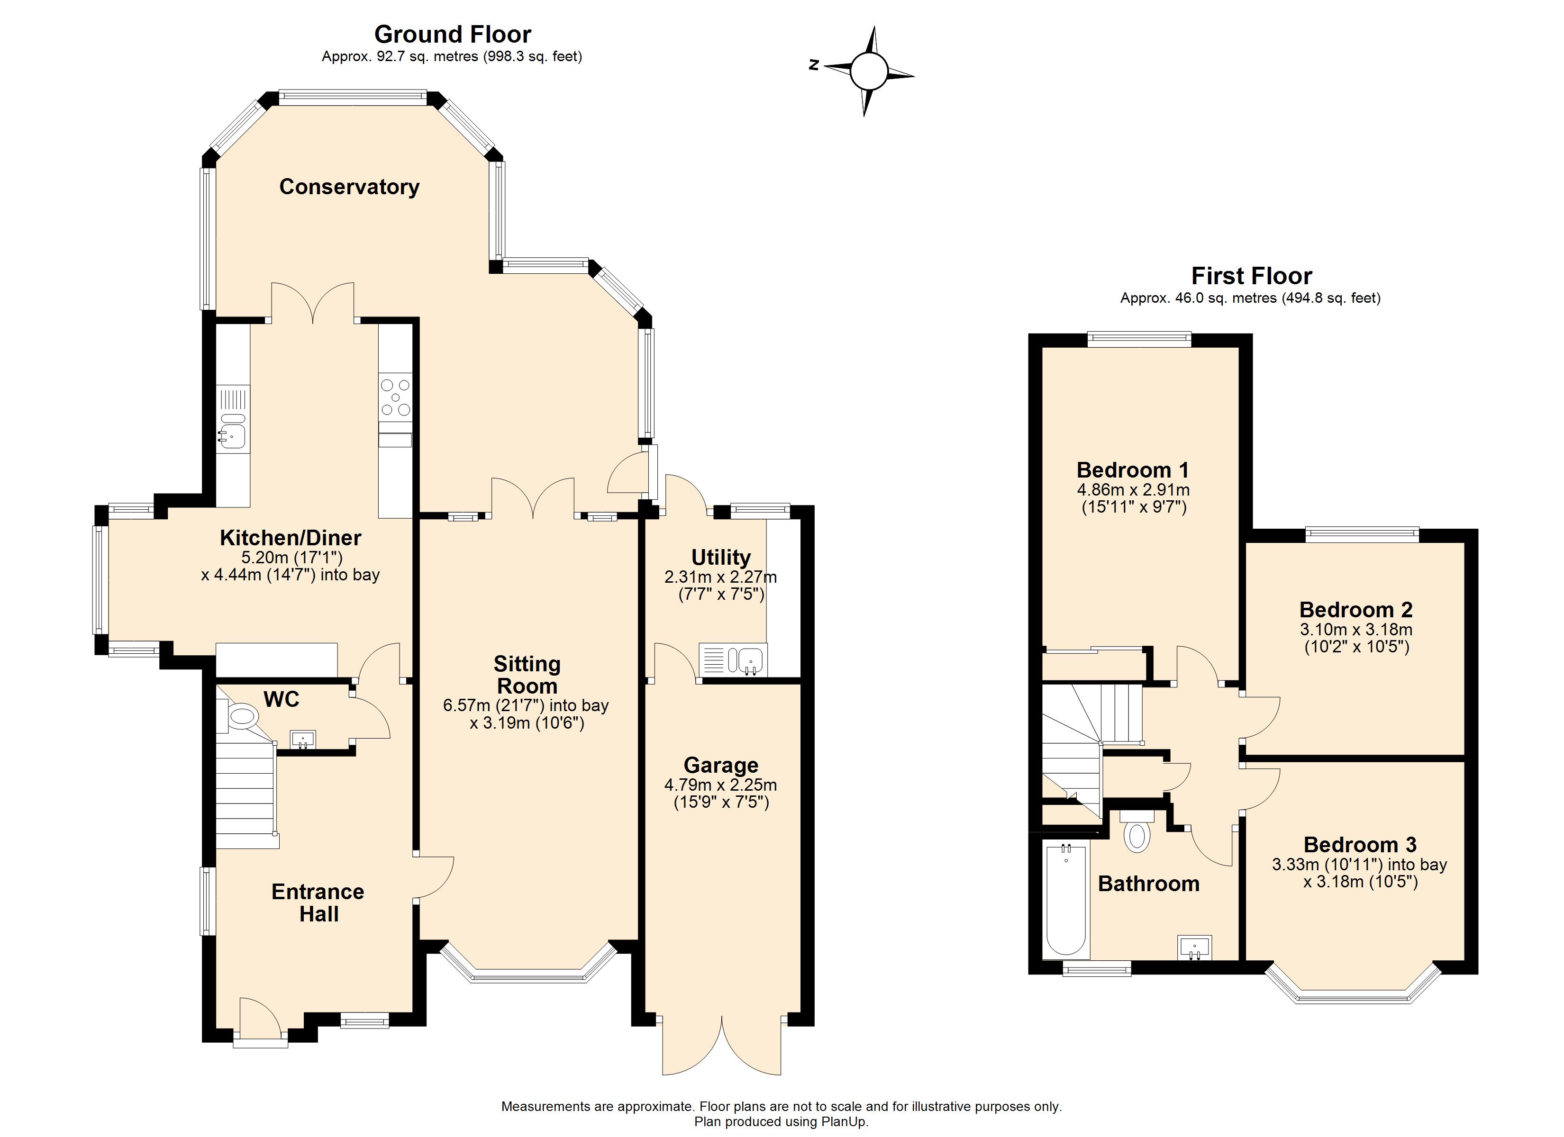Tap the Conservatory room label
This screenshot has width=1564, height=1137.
coord(349,187)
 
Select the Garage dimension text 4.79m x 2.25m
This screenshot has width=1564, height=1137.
coord(721,785)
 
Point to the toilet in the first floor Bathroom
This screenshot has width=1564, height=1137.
coord(1137,834)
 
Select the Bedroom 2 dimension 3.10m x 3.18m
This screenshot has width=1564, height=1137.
coord(1356,630)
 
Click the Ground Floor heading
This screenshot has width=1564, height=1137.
coord(452,34)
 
